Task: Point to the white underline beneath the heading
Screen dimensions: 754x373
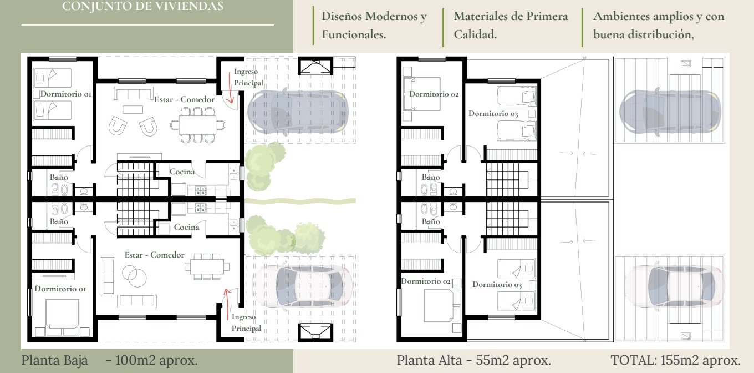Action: [x=147, y=25]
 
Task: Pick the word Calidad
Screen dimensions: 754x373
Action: [x=475, y=34]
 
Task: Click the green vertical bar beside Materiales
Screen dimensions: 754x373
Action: [x=444, y=27]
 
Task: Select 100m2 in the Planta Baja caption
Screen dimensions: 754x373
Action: [x=134, y=360]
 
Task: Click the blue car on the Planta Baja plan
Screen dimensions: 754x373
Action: [x=298, y=112]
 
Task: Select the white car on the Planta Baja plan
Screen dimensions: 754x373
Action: [x=302, y=286]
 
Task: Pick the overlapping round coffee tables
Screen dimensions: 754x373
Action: [x=134, y=276]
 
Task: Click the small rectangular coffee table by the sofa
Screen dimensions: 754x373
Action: [x=133, y=109]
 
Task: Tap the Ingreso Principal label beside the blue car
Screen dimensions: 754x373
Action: [x=248, y=77]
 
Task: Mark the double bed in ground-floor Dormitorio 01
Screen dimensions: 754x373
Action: [x=62, y=317]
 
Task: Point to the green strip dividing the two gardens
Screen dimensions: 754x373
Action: [x=300, y=201]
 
